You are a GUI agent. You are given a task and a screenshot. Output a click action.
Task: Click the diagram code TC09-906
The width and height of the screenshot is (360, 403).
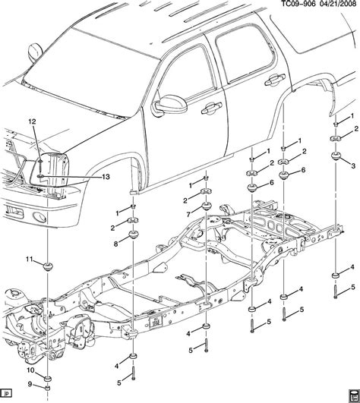(x=280, y=6)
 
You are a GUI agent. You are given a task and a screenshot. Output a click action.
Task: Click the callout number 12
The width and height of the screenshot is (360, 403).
(x=32, y=122)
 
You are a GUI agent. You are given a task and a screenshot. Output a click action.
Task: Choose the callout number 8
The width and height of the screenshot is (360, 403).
(x=115, y=244)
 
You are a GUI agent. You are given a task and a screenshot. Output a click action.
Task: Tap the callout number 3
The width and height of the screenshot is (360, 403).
(x=352, y=165)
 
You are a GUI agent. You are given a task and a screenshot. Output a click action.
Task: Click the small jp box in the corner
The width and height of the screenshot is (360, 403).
(x=6, y=395)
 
